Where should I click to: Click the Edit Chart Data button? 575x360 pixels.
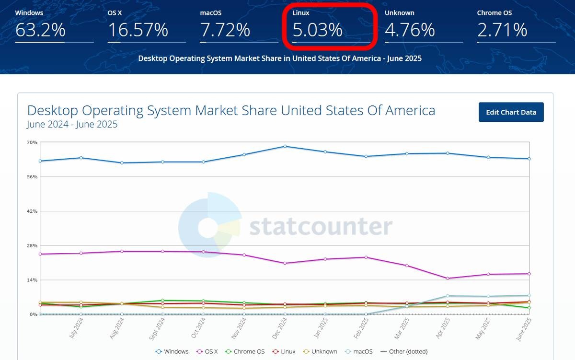[x=511, y=112]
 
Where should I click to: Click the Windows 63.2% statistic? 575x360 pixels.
[x=40, y=30]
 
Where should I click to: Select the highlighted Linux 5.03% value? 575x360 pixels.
[x=318, y=30]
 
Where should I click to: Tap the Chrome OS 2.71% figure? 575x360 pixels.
[x=502, y=30]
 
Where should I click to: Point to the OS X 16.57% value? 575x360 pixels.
[x=138, y=30]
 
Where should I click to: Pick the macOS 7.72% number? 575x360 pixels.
[x=225, y=30]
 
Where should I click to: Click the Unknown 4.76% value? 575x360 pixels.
[x=410, y=30]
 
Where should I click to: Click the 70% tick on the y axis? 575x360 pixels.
[x=32, y=142]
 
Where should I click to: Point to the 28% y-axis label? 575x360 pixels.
[x=32, y=245]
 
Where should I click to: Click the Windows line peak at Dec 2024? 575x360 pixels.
[x=285, y=146]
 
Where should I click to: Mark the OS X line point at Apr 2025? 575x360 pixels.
[x=448, y=279]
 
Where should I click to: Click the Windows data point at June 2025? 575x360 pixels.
[x=529, y=159]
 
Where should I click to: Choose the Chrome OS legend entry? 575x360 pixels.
[x=245, y=351]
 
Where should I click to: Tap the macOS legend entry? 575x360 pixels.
[x=359, y=351]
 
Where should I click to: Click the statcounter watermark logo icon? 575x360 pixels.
[x=209, y=225]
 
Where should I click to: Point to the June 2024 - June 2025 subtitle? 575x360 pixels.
[x=72, y=125]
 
